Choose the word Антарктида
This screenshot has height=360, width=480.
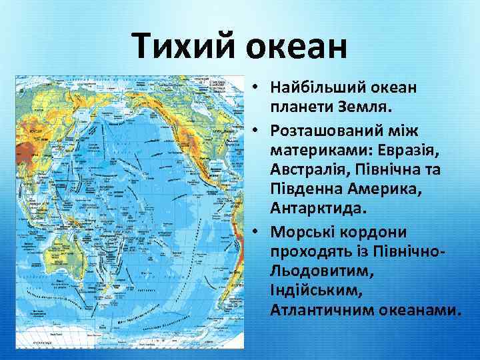pos(318,208)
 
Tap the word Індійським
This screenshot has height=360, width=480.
pos(311,291)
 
